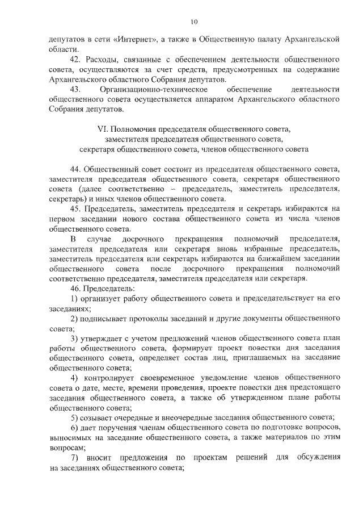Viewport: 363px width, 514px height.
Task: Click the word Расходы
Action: [103, 60]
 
